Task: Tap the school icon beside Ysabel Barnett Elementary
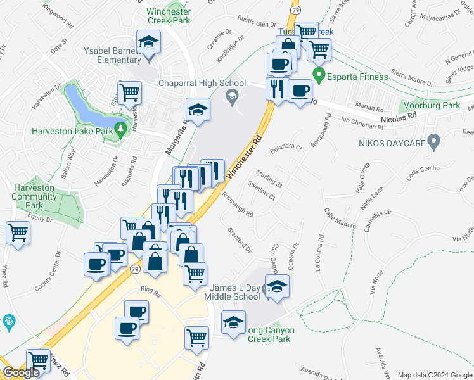point(150,43)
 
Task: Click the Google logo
point(20,373)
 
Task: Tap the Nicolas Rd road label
point(399,117)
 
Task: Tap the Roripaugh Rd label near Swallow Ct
point(238,206)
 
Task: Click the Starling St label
point(269,179)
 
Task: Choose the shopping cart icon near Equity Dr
point(18,232)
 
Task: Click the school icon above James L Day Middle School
point(276,287)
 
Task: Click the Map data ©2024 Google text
point(435,375)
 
